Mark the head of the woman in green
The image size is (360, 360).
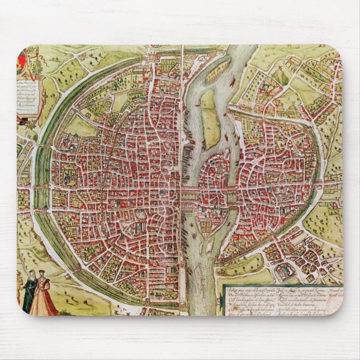[30, 274]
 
